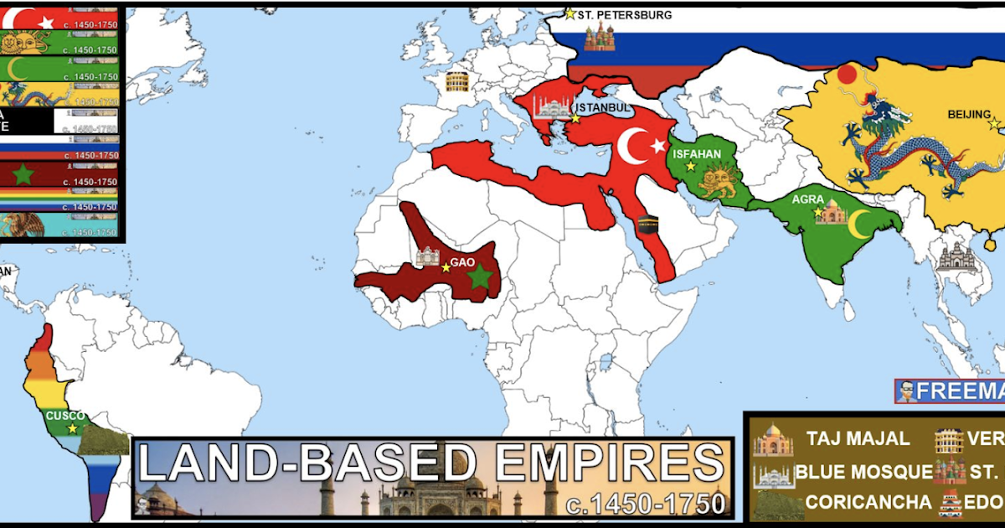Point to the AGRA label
(x=807, y=200)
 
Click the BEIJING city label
(x=968, y=113)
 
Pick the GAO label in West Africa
(x=462, y=262)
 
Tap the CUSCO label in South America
(x=65, y=416)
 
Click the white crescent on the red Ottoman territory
(x=634, y=147)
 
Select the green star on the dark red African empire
(x=479, y=277)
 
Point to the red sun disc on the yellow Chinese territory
(x=847, y=74)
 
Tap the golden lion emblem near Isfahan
(x=718, y=182)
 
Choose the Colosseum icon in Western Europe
(x=457, y=81)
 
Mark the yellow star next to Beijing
(x=994, y=123)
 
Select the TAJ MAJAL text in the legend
(x=858, y=438)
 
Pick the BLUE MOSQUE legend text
(x=863, y=471)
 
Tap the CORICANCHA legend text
(x=868, y=502)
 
